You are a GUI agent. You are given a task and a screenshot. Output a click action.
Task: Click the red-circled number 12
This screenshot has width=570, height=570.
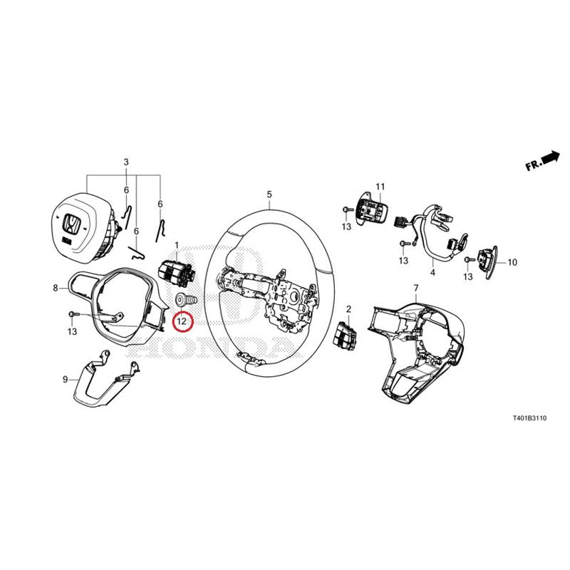click(182, 321)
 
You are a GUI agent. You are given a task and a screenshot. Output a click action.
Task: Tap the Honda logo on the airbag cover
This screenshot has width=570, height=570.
click(71, 224)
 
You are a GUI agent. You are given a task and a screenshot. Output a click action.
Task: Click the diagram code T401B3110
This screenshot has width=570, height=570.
click(529, 418)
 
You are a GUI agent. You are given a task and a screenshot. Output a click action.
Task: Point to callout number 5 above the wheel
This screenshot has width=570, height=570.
click(269, 195)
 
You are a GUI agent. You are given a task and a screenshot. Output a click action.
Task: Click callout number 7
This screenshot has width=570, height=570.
click(416, 289)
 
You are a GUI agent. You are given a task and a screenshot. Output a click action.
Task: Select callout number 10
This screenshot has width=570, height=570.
click(512, 262)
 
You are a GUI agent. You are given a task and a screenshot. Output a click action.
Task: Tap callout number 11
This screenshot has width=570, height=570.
click(380, 187)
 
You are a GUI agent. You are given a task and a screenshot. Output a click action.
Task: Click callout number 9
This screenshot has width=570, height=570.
click(66, 380)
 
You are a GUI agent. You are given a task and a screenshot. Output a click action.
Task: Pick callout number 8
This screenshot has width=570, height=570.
click(56, 289)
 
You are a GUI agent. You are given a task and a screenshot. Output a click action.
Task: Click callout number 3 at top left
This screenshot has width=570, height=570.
click(126, 162)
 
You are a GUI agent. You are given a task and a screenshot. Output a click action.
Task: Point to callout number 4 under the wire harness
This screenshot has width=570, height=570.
click(432, 272)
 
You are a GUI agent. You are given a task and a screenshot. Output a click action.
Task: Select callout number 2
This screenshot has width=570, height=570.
click(348, 309)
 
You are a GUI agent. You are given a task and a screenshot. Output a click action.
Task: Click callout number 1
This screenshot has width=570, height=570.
click(177, 245)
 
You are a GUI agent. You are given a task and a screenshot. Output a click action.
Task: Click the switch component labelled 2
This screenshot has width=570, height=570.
click(343, 333)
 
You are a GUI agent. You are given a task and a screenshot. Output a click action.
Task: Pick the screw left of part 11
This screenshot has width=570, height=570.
click(348, 209)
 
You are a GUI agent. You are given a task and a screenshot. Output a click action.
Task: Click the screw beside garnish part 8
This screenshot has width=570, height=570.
click(73, 313)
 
